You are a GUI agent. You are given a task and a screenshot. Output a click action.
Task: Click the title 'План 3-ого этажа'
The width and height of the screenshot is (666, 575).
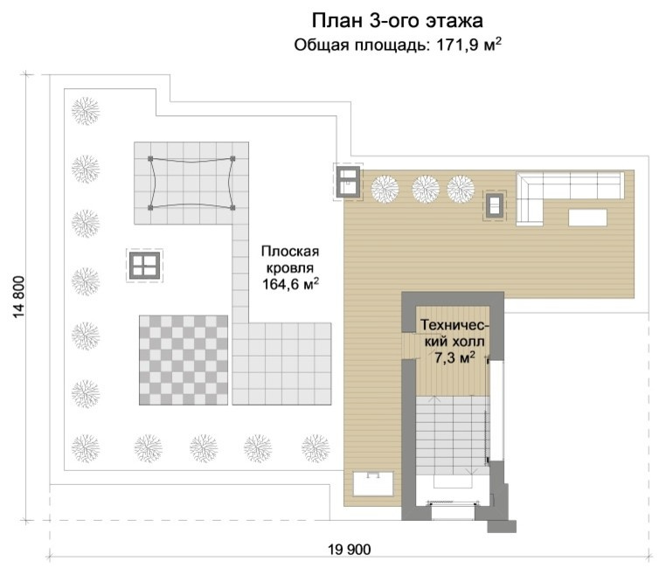[397, 20]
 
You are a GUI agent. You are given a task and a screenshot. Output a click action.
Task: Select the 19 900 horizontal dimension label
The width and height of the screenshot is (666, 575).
[350, 550]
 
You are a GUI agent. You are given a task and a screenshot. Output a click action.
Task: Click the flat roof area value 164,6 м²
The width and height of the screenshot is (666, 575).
[289, 283]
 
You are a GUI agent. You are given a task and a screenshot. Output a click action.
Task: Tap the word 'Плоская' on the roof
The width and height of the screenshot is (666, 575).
[288, 250]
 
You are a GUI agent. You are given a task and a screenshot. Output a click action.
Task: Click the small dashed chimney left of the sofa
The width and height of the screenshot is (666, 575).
[495, 205]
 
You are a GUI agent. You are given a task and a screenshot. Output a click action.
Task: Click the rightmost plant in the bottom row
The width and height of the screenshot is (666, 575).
[315, 447]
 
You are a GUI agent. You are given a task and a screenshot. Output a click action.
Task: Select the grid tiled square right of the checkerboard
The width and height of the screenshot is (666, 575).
[282, 364]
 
